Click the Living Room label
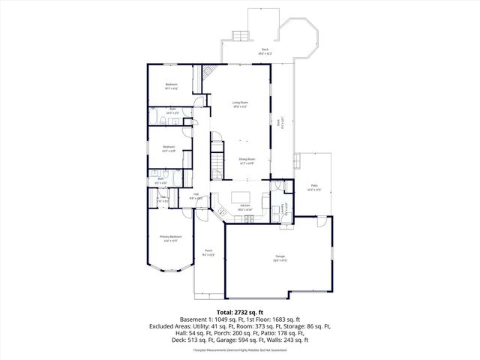pos(240,104)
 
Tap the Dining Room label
pos(247,160)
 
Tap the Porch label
pos(208,253)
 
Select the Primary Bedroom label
pos(171,238)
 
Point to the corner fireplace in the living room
pos(208,73)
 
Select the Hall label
pos(196,196)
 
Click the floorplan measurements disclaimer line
pos(240,350)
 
